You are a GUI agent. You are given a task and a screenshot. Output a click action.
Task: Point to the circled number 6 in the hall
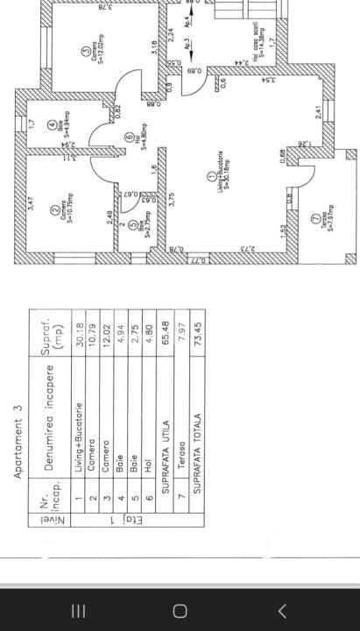coord(129,137)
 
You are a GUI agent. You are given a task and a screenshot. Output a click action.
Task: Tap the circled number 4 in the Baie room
coord(52,124)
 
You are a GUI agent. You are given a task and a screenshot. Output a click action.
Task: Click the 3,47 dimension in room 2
coord(32,207)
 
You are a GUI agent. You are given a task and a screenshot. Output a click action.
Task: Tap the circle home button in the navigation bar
coord(180,610)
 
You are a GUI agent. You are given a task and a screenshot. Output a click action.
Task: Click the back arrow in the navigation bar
coord(282,610)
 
